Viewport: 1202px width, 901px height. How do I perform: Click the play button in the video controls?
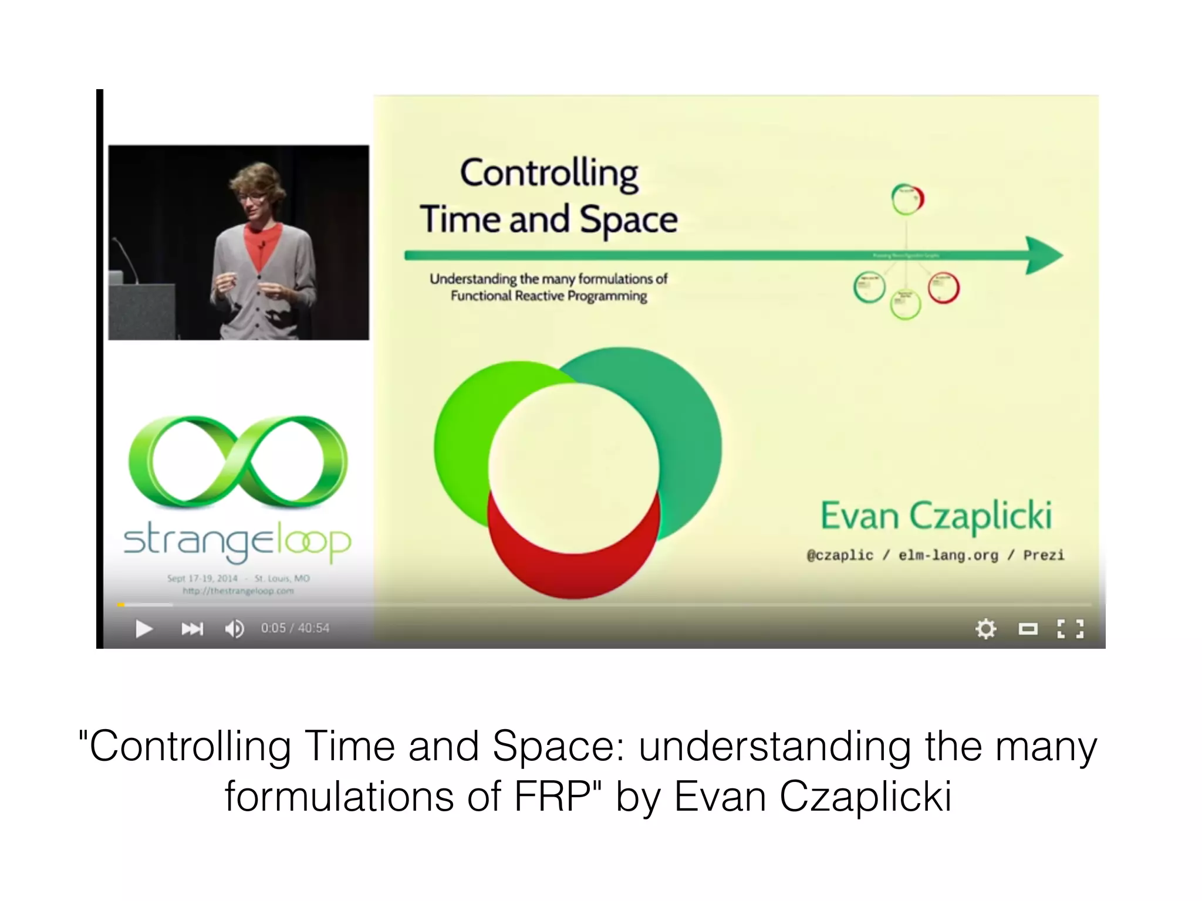[x=144, y=629]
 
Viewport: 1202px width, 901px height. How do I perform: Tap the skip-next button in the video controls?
[x=192, y=629]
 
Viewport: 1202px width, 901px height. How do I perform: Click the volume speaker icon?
[x=234, y=629]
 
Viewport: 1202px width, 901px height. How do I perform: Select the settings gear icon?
[x=985, y=629]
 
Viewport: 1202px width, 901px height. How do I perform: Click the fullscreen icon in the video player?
[x=1070, y=629]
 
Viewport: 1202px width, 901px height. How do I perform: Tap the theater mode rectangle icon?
[x=1028, y=629]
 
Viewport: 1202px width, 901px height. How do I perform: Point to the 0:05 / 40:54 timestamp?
[x=295, y=628]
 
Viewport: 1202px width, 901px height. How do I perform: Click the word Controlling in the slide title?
[x=549, y=174]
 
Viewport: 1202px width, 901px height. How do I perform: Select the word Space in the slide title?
[x=629, y=220]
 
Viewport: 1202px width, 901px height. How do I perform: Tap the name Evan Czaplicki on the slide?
[x=936, y=516]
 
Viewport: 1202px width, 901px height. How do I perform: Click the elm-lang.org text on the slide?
[x=948, y=555]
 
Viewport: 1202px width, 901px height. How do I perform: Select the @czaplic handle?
[x=840, y=555]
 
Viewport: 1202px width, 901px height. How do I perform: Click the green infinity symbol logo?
[x=238, y=462]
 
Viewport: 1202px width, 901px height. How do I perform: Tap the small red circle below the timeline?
[x=944, y=288]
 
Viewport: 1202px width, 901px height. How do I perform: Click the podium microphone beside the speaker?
[x=126, y=258]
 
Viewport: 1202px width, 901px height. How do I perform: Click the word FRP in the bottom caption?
[x=552, y=797]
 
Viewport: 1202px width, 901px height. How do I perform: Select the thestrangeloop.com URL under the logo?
[x=238, y=591]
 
